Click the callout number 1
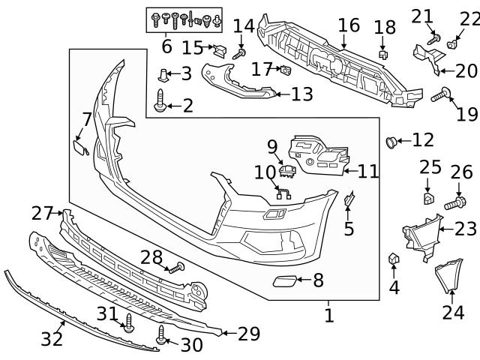click(328, 316)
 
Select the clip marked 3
click(164, 74)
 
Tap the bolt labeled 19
click(441, 94)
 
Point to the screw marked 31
click(128, 323)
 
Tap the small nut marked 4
click(393, 259)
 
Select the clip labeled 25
click(427, 199)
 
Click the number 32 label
click(51, 339)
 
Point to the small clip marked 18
click(383, 54)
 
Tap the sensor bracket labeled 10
click(284, 193)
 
